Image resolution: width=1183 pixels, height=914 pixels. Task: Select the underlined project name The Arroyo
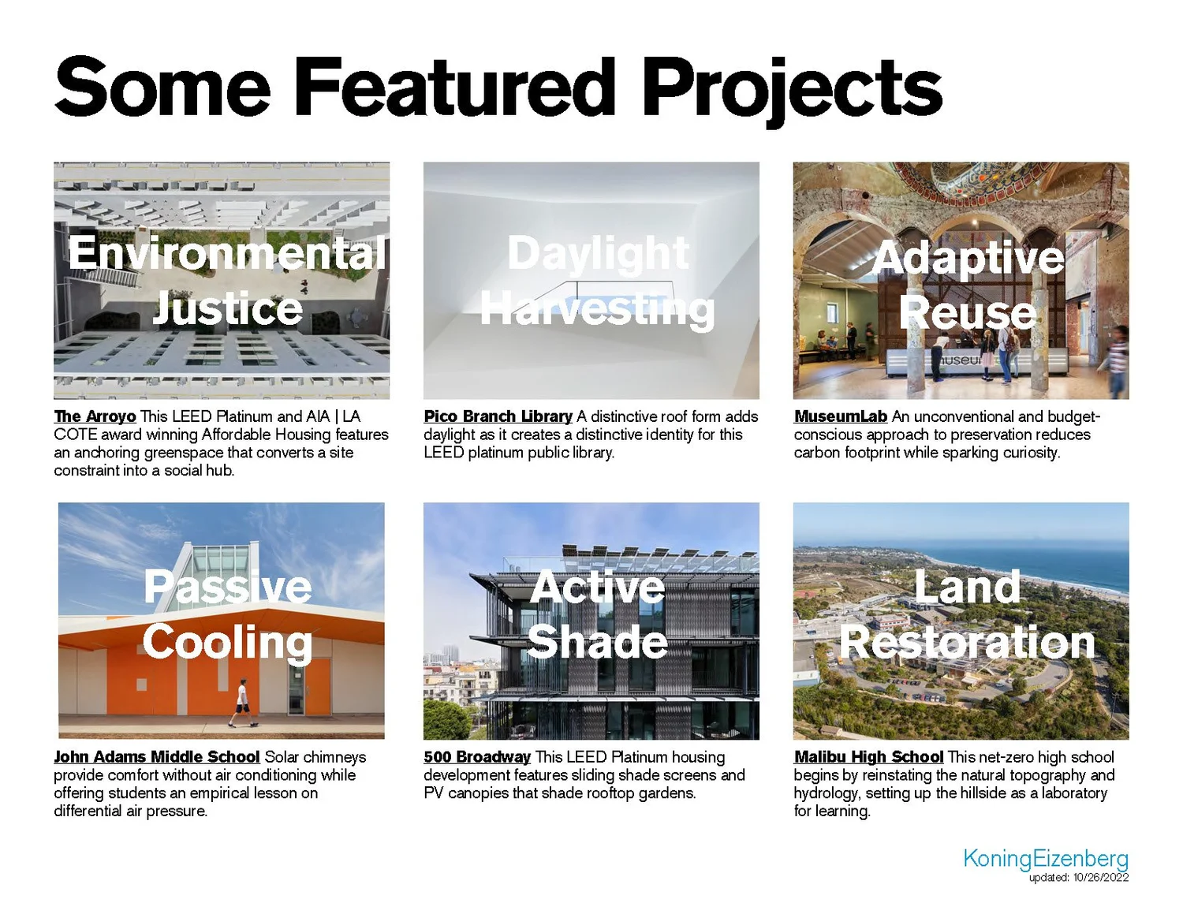pyautogui.click(x=95, y=416)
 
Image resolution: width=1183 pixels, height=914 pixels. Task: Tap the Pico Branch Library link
pyautogui.click(x=498, y=416)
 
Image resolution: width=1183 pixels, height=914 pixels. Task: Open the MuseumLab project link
pyautogui.click(x=840, y=416)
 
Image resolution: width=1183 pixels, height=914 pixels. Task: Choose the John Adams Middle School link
pyautogui.click(x=156, y=757)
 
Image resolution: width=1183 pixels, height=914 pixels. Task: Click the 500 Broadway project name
pyautogui.click(x=476, y=757)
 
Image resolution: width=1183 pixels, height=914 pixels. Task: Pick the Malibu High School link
pyautogui.click(x=868, y=757)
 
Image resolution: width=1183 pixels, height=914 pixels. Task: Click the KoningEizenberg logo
pyautogui.click(x=1045, y=858)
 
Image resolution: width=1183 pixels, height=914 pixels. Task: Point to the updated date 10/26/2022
pyautogui.click(x=1100, y=878)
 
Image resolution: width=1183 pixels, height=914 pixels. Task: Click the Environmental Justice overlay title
pyautogui.click(x=227, y=280)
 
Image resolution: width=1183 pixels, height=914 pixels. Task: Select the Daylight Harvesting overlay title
pyautogui.click(x=597, y=281)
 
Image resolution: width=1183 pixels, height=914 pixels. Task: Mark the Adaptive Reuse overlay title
pyautogui.click(x=968, y=284)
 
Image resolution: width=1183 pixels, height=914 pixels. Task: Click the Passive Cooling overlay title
pyautogui.click(x=227, y=614)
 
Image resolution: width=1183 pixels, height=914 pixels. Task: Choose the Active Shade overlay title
pyautogui.click(x=597, y=614)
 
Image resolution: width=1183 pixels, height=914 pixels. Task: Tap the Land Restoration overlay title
pyautogui.click(x=967, y=614)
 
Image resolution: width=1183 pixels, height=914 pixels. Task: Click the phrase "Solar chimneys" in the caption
pyautogui.click(x=315, y=757)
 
